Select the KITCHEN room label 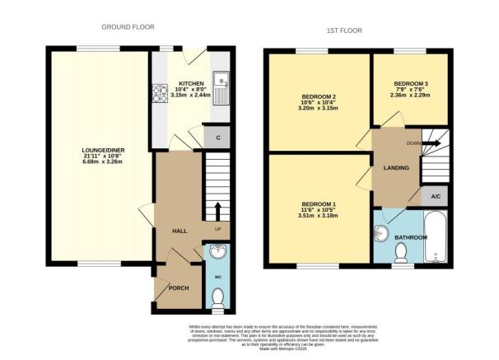[191, 84]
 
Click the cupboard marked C [217, 138]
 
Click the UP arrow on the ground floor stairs [217, 209]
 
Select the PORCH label [179, 288]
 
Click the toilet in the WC [217, 306]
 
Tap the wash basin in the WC [217, 252]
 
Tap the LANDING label [396, 169]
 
